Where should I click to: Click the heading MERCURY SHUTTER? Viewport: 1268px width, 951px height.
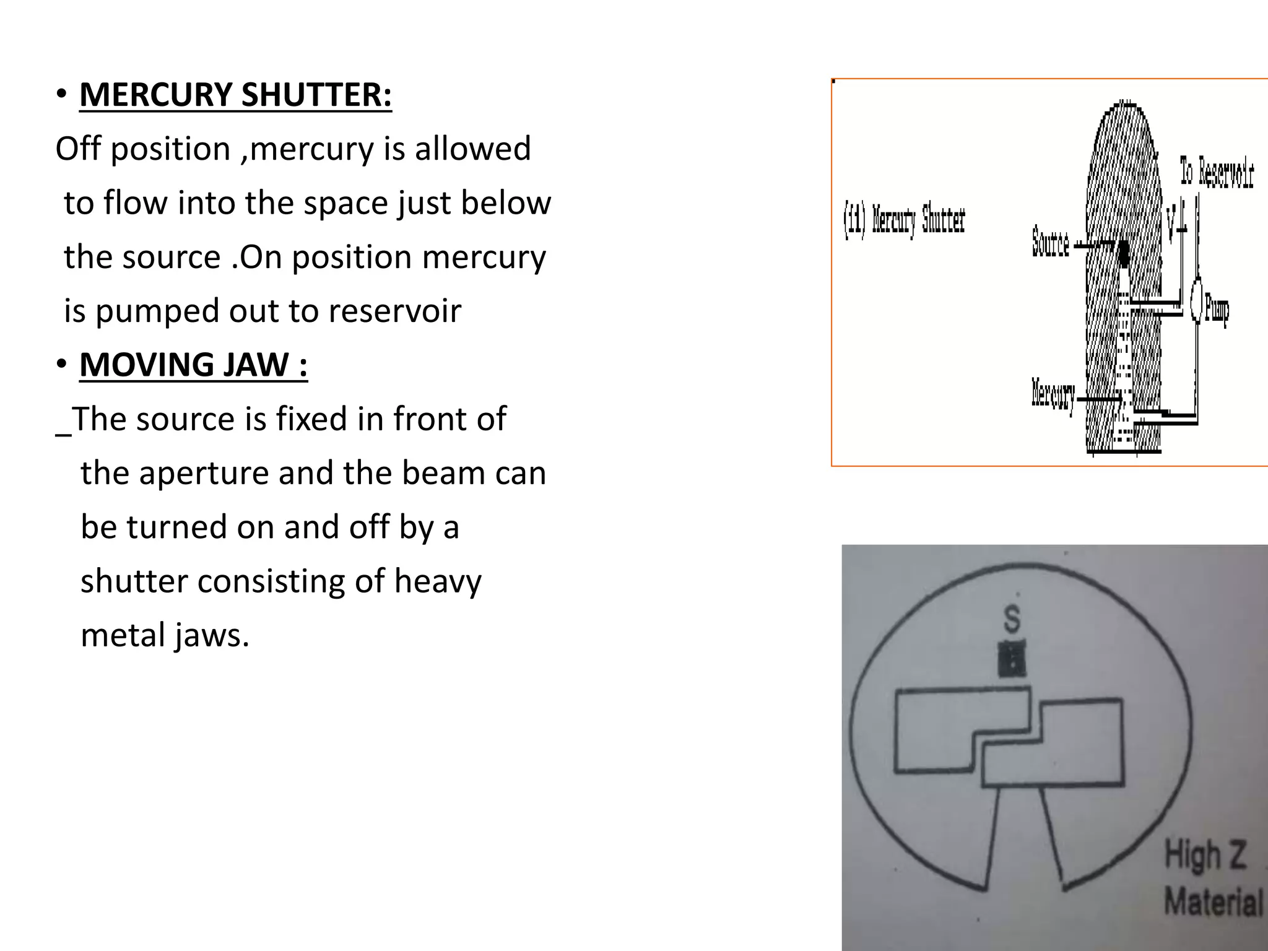(235, 95)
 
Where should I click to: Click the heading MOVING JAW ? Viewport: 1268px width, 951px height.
(193, 365)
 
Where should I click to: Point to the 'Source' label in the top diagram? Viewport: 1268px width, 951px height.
(1050, 242)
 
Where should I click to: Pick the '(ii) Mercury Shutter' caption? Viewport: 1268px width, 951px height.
(904, 220)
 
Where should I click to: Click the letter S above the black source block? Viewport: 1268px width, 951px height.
(1011, 619)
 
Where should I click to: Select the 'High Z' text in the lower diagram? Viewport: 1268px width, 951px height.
(1205, 855)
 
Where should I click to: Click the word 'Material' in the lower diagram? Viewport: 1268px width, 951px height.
(1213, 901)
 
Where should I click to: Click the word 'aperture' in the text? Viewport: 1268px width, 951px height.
(204, 474)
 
